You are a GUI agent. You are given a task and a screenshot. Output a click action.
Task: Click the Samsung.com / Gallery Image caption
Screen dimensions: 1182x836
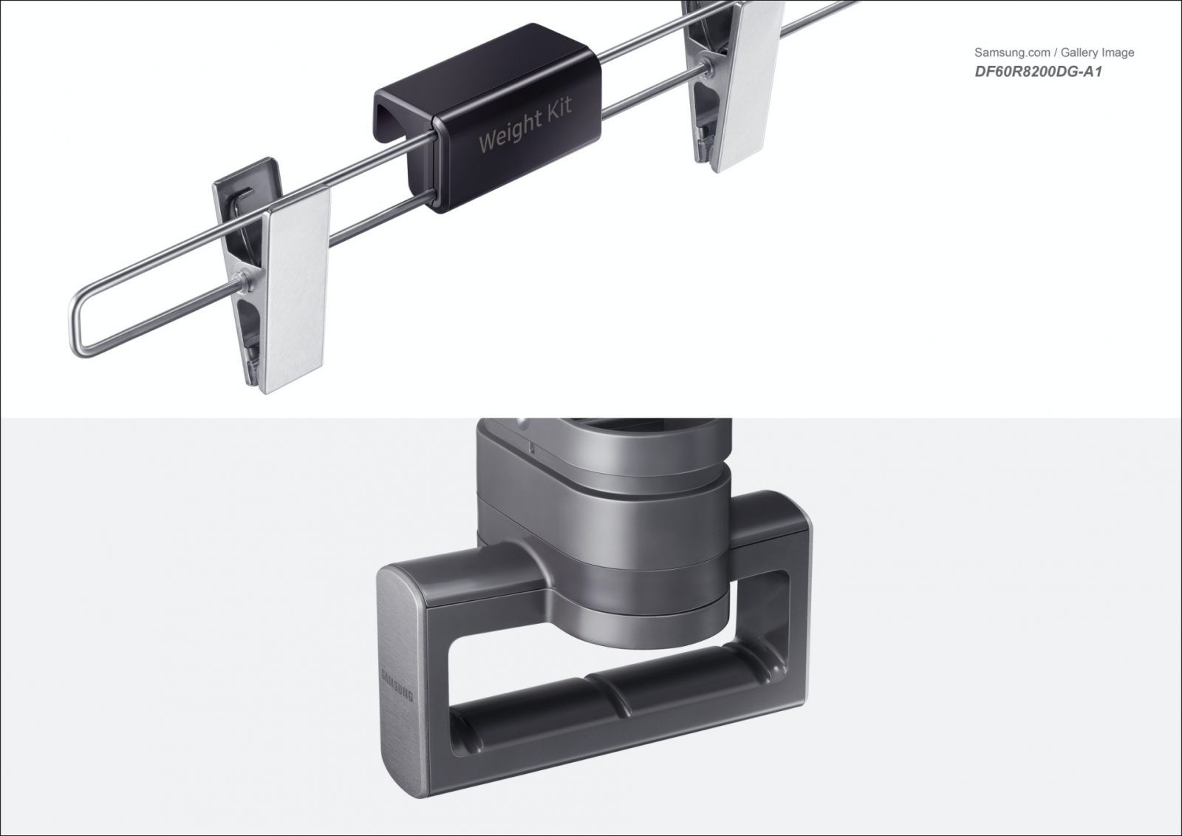pyautogui.click(x=1053, y=52)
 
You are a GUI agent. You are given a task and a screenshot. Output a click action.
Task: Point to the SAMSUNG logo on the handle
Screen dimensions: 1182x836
pyautogui.click(x=397, y=685)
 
